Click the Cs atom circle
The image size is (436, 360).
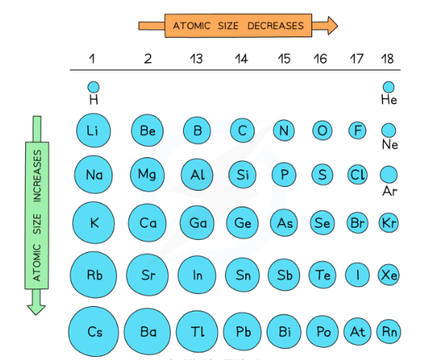(x=95, y=331)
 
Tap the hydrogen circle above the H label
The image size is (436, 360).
(x=93, y=87)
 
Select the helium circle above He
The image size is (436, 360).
(x=388, y=87)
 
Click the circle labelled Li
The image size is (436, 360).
(x=93, y=131)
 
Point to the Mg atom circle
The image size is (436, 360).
(x=147, y=175)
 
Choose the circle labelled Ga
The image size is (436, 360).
(x=197, y=223)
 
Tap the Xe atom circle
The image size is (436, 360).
(x=388, y=274)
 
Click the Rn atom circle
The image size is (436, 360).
(x=388, y=331)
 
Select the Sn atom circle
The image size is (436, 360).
(x=242, y=274)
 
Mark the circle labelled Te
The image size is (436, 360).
(x=323, y=274)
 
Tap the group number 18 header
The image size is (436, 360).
(x=388, y=58)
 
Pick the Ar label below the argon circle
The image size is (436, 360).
(x=389, y=191)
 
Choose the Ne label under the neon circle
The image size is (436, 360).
(x=389, y=144)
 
